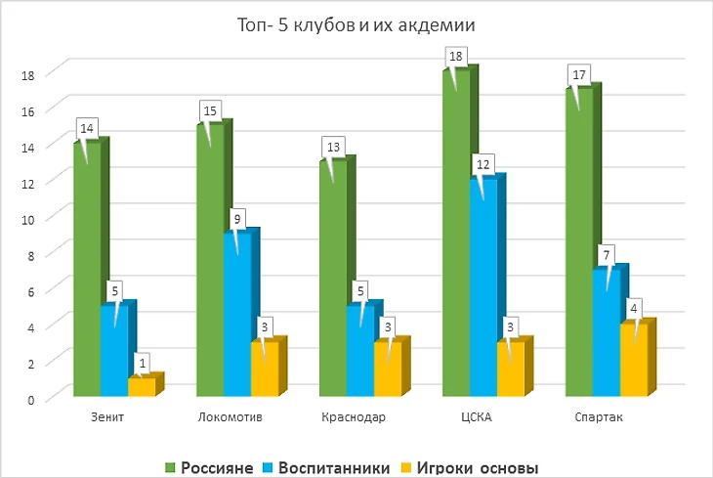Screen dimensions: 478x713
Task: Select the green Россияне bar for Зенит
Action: click(87, 274)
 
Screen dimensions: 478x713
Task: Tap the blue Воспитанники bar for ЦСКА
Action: click(482, 293)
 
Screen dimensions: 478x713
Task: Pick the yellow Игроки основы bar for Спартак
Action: click(633, 362)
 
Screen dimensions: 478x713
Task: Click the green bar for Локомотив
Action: click(210, 264)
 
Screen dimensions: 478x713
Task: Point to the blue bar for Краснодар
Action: click(359, 352)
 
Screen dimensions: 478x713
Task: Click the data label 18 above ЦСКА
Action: click(455, 58)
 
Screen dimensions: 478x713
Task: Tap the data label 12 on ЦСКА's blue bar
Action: click(482, 163)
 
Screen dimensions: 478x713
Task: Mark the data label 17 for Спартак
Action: click(578, 75)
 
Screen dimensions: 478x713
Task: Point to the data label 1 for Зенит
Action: click(143, 364)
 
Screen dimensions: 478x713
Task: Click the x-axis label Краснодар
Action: click(354, 418)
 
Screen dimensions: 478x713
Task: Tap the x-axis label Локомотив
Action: click(230, 418)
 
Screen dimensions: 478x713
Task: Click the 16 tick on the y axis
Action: click(29, 109)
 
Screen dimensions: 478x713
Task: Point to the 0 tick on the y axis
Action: click(32, 399)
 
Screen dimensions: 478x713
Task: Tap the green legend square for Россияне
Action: click(169, 468)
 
